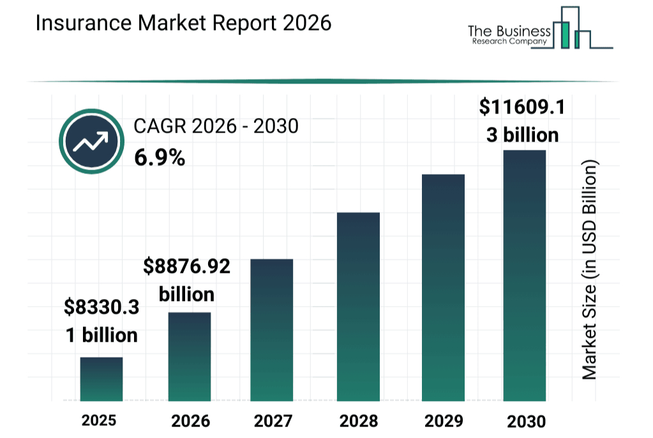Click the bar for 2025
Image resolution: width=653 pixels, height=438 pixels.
(101, 379)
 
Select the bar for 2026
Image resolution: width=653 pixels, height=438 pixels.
(190, 356)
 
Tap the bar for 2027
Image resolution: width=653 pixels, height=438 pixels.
(272, 330)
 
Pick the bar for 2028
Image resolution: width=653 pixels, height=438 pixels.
(358, 306)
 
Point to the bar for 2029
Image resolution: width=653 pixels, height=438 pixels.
(443, 287)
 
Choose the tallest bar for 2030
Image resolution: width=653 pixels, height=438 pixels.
(525, 275)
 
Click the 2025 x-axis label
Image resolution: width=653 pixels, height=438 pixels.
(99, 420)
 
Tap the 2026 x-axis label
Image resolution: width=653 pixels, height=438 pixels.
(190, 421)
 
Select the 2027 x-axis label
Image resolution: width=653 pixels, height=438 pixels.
(273, 421)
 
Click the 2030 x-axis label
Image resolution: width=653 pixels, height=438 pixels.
(526, 421)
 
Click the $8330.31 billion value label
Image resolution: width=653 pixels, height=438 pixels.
(101, 321)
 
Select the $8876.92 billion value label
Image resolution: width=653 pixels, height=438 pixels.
(186, 281)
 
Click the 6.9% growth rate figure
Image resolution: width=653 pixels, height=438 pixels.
(160, 157)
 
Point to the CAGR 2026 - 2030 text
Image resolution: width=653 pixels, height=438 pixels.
(216, 127)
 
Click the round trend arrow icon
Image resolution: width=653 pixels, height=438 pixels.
(91, 143)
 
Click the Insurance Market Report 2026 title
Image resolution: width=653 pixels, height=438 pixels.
(184, 23)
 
